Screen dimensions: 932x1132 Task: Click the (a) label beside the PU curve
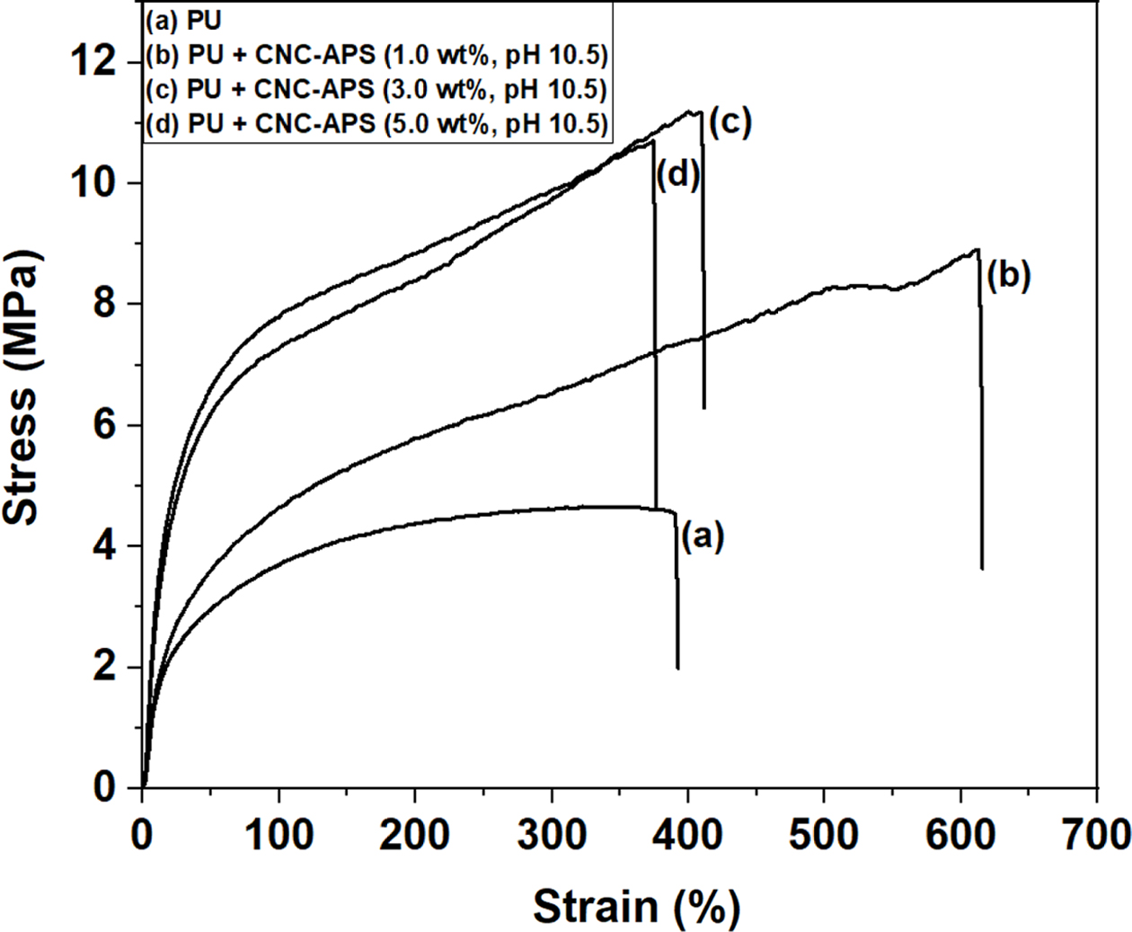point(702,537)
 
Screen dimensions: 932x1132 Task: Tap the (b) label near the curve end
point(1008,276)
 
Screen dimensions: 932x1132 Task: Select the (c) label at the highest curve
point(730,122)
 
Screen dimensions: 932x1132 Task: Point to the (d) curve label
point(677,175)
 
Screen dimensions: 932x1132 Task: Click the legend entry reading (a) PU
point(182,19)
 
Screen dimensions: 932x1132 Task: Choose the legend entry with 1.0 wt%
point(376,56)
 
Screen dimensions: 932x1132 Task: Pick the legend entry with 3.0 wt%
point(376,90)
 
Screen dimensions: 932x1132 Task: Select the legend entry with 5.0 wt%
point(376,124)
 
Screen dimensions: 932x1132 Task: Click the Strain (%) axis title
point(636,906)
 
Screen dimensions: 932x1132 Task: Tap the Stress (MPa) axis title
point(22,386)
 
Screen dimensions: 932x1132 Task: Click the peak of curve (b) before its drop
point(977,250)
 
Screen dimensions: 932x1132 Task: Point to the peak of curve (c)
point(697,111)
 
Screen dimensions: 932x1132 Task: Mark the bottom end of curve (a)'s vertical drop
point(677,668)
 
